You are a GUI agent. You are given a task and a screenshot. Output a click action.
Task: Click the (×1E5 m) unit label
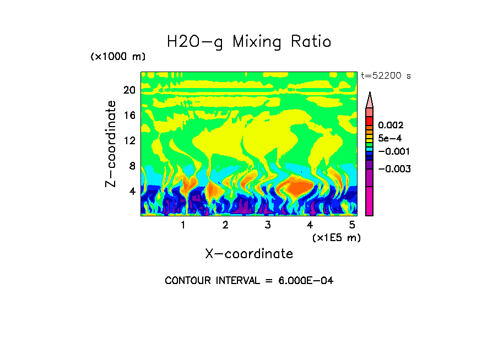336,237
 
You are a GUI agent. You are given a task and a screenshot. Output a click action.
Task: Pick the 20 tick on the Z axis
129,90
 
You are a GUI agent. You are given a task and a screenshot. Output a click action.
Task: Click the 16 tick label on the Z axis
129,116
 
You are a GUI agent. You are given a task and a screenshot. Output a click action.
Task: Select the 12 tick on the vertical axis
129,140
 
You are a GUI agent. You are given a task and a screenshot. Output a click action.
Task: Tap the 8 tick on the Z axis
131,166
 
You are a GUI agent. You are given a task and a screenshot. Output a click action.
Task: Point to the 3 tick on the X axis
268,225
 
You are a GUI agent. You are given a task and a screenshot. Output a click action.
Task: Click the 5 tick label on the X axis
352,225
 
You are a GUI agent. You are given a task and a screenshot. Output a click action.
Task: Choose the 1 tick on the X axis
183,225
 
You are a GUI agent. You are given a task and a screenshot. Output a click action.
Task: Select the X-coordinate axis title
249,254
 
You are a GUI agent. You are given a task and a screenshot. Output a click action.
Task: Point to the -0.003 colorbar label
394,169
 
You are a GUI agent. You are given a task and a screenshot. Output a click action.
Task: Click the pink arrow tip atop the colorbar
370,100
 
